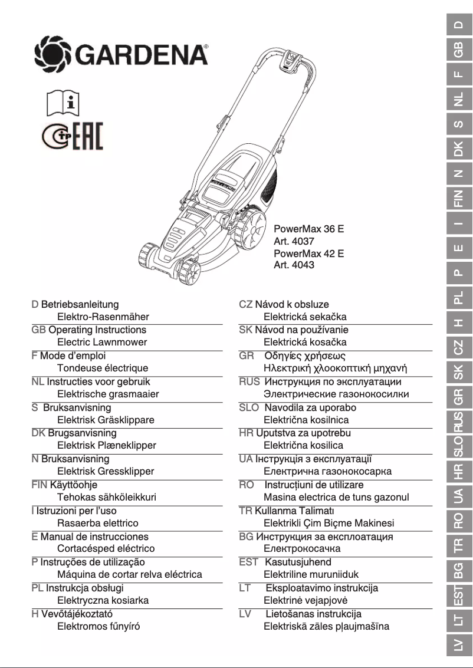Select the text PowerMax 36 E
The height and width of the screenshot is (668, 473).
308,228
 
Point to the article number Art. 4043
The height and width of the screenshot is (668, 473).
294,265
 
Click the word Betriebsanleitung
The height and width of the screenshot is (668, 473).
80,304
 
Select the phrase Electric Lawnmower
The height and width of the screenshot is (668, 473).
101,342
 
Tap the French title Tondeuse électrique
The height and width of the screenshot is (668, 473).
102,368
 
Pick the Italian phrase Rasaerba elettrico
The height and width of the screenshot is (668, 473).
97,523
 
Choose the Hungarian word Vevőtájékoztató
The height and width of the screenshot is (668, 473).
77,614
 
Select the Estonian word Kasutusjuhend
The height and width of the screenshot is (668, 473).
298,562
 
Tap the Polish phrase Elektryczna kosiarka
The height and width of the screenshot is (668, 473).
102,600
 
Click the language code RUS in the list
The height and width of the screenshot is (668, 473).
249,381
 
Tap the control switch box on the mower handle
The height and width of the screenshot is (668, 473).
292,61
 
